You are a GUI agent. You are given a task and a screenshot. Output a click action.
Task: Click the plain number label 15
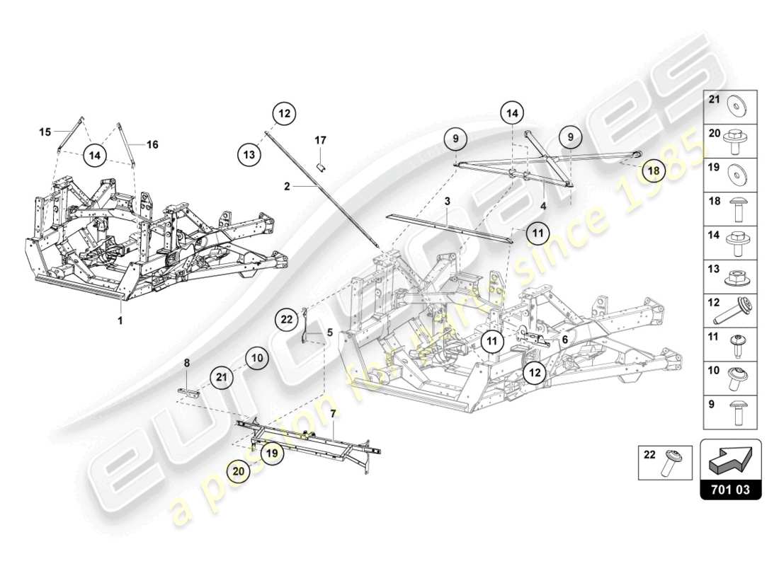[x=45, y=132]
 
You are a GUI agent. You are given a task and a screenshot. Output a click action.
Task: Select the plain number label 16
[x=152, y=144]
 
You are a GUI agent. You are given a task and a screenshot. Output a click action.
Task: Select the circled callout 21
[x=222, y=379]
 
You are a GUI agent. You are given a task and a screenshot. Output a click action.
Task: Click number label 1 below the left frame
[x=120, y=320]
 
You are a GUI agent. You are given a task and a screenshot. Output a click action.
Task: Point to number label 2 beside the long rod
[x=287, y=187]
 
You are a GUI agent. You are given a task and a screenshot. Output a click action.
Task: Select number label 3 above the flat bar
[x=448, y=202]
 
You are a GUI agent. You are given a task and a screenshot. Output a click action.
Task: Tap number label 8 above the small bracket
[x=187, y=362]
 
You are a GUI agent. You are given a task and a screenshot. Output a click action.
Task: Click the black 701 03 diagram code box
[x=731, y=489]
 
